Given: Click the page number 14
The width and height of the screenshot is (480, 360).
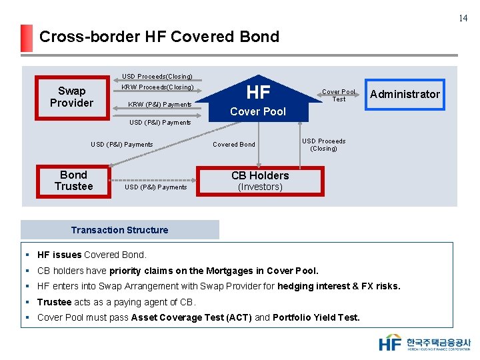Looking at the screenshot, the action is (463, 18).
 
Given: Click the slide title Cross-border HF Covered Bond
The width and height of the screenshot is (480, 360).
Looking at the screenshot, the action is (159, 37).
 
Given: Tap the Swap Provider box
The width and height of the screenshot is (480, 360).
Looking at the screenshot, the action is (71, 97).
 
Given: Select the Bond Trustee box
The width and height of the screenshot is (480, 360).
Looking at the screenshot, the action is (73, 181).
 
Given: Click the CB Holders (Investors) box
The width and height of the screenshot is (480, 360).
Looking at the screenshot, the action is (260, 181).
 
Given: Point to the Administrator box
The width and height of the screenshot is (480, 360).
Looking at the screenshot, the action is (405, 94).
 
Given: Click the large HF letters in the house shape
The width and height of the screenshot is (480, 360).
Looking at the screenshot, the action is (258, 92).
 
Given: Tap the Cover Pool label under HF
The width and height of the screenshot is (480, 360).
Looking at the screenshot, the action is (258, 111).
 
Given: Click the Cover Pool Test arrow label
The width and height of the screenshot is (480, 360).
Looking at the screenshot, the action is (339, 95).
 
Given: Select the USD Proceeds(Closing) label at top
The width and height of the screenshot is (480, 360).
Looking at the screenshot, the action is (157, 77).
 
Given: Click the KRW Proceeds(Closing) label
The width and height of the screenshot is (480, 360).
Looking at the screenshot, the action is (157, 87).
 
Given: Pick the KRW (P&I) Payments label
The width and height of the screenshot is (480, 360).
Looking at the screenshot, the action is (159, 104).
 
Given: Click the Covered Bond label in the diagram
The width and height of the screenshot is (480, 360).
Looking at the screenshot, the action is (233, 144).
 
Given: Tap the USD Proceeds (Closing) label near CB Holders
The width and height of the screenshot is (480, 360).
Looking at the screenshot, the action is (323, 145).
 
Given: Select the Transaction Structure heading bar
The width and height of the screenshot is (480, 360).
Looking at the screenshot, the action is (120, 230).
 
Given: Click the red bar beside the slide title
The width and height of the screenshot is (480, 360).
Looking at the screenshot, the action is (26, 38).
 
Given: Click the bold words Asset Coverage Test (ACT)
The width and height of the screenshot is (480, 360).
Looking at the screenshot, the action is (191, 317).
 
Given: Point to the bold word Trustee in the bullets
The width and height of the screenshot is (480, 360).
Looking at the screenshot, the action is (55, 302).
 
